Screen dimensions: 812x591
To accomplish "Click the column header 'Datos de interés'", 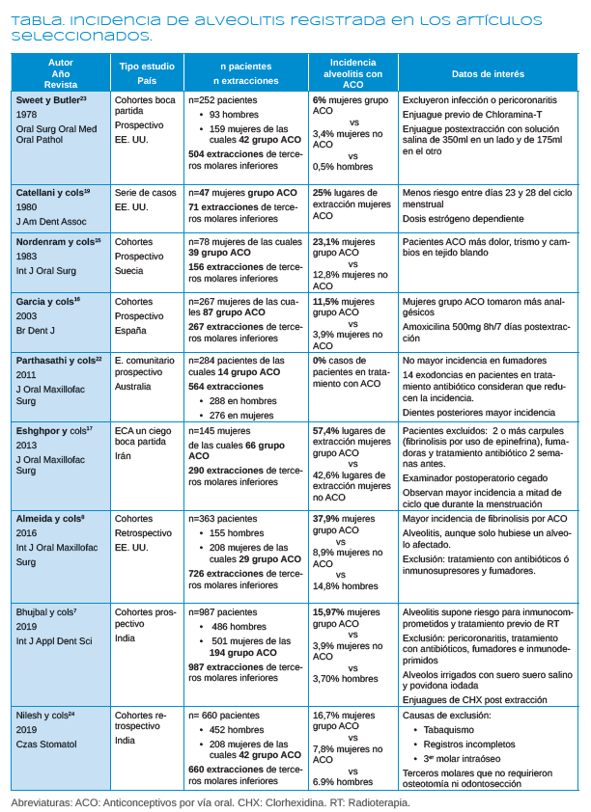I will pyautogui.click(x=489, y=73).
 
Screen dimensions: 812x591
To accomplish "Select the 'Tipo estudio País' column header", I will pyautogui.click(x=147, y=73).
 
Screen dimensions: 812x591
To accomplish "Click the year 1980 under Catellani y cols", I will pyautogui.click(x=27, y=207).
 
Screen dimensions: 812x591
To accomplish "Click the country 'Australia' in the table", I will pyautogui.click(x=134, y=387).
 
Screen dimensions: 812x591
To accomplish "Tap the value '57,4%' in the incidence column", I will pyautogui.click(x=327, y=429).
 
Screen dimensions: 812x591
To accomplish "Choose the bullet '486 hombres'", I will pyautogui.click(x=239, y=627).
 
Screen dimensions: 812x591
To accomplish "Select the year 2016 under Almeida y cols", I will pyautogui.click(x=27, y=532).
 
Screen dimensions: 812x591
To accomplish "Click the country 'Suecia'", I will pyautogui.click(x=130, y=269).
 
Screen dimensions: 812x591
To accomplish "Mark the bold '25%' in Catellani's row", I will pyautogui.click(x=323, y=194).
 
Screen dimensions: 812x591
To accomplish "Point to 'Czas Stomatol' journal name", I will pyautogui.click(x=46, y=744).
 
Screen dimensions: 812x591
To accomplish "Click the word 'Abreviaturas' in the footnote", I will pyautogui.click(x=42, y=801).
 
